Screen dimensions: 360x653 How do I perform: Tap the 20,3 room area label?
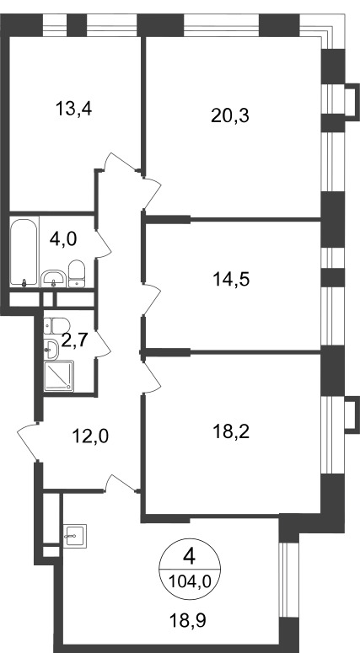click(x=230, y=115)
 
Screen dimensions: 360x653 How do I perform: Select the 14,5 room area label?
click(x=231, y=279)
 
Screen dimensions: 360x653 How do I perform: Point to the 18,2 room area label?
click(x=230, y=432)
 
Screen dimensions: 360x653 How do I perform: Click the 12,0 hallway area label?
click(x=90, y=436)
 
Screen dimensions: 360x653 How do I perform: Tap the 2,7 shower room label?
click(x=74, y=340)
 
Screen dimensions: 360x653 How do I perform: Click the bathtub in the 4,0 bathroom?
click(x=24, y=253)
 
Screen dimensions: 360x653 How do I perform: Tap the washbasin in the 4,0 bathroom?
click(x=53, y=278)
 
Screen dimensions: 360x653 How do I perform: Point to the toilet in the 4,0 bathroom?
click(x=76, y=274)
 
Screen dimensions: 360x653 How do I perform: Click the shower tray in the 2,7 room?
click(x=59, y=376)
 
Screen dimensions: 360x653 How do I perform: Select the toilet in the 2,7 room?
click(x=57, y=326)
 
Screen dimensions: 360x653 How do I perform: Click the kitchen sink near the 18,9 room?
click(x=75, y=536)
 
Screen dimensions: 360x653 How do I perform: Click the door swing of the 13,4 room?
click(x=120, y=163)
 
